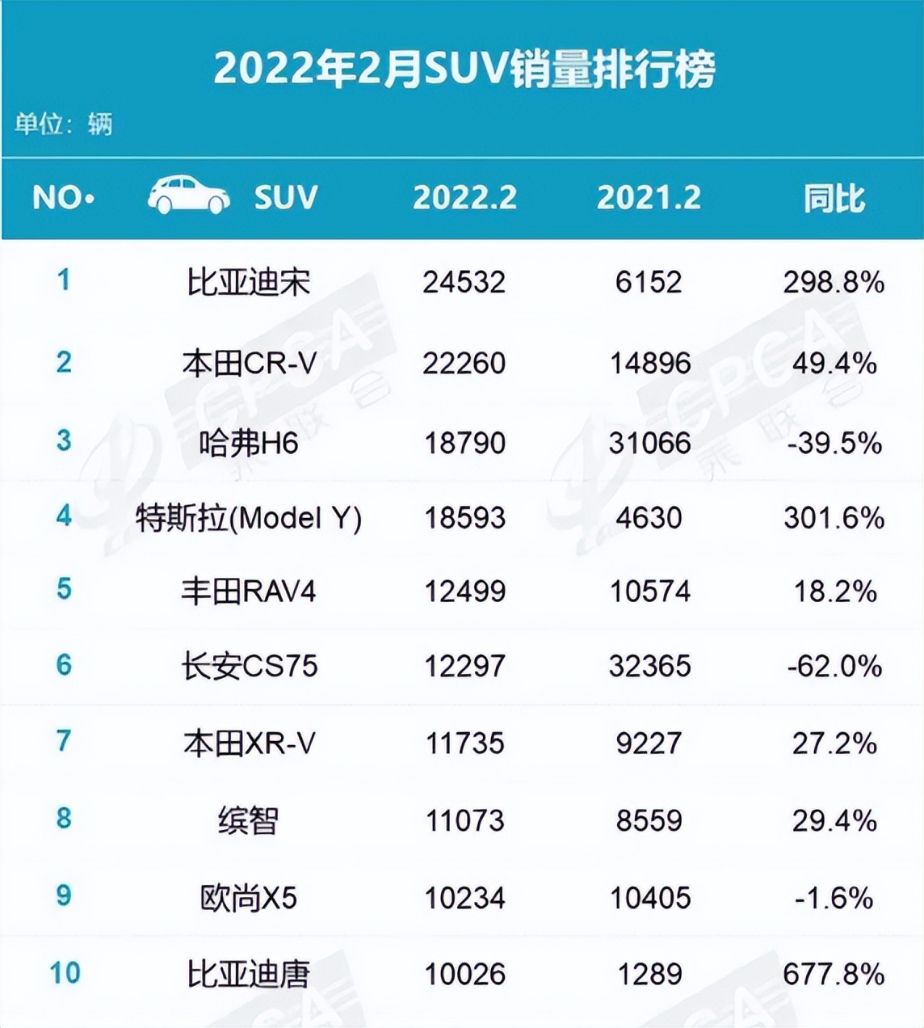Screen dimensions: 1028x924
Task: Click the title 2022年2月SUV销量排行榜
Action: pyautogui.click(x=464, y=68)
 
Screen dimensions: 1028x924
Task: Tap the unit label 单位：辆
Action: pyautogui.click(x=63, y=124)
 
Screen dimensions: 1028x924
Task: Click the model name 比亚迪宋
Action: pyautogui.click(x=248, y=282)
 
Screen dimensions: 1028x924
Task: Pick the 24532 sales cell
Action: pyautogui.click(x=464, y=282)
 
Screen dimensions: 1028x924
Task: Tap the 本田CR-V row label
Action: pyautogui.click(x=249, y=363)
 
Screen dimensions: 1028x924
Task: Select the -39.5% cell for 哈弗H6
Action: pyautogui.click(x=834, y=443)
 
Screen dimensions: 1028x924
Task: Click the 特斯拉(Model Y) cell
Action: pyautogui.click(x=249, y=517)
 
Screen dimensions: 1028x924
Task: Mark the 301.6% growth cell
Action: pyautogui.click(x=834, y=517)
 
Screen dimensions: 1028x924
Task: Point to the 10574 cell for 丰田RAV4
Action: pyautogui.click(x=649, y=592)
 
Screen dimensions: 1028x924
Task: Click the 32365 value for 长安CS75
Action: pyautogui.click(x=649, y=666)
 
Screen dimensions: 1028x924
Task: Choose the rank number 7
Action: pyautogui.click(x=63, y=741)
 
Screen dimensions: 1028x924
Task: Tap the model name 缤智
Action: pyautogui.click(x=248, y=821)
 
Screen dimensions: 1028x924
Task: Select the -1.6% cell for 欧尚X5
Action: pyautogui.click(x=834, y=898)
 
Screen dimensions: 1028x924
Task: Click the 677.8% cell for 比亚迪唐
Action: pyautogui.click(x=834, y=975)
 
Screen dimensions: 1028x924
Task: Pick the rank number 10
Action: pyautogui.click(x=65, y=973)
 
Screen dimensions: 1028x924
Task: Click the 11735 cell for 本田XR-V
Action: pyautogui.click(x=464, y=743)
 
